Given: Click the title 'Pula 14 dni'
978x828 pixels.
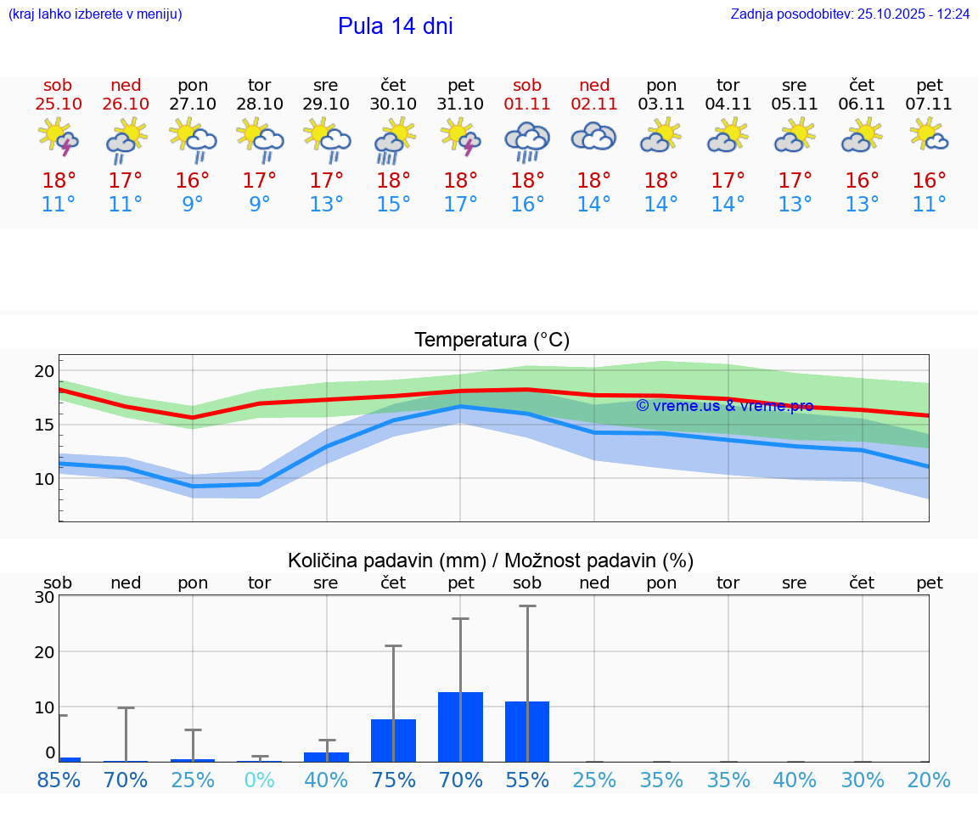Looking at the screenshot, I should (x=395, y=26).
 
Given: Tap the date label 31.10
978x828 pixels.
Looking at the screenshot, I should (x=461, y=104).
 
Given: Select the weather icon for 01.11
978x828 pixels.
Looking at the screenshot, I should (x=527, y=139).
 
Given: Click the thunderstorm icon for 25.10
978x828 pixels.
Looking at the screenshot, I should (x=59, y=138).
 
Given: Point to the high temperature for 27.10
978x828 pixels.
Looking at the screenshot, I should (x=193, y=181).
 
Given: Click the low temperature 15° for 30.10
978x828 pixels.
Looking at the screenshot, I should (x=394, y=205).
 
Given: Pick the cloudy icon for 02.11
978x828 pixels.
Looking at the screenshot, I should (x=593, y=137).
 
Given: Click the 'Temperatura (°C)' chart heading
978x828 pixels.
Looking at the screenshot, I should (x=492, y=341).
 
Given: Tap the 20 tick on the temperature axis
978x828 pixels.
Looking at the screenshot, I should (x=44, y=371).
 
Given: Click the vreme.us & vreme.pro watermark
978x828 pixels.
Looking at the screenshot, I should (x=724, y=406).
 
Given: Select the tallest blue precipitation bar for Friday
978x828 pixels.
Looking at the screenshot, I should (x=461, y=727).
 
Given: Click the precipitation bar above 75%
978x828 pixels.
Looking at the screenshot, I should (x=394, y=741).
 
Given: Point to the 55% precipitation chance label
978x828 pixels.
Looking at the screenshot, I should (x=527, y=780).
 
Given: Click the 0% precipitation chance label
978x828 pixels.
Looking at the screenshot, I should (x=260, y=780).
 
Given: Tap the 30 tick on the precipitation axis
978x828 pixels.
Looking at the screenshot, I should (x=44, y=597).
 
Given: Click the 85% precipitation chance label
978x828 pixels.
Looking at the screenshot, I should (x=59, y=780).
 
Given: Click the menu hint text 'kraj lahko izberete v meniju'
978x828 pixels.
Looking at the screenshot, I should (x=95, y=14).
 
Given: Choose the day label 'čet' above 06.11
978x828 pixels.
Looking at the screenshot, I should (x=862, y=85).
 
